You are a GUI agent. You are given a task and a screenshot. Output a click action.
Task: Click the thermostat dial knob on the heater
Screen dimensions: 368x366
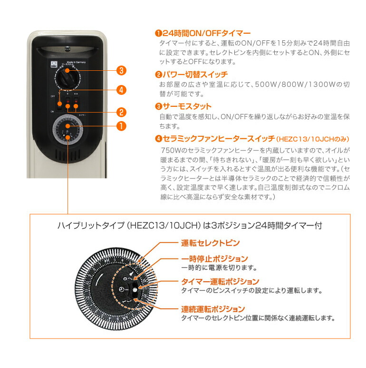(x=67, y=76)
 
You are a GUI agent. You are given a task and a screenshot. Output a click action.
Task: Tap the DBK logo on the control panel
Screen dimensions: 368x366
(x=53, y=63)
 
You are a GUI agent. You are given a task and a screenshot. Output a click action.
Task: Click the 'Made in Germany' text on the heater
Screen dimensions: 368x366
(x=76, y=62)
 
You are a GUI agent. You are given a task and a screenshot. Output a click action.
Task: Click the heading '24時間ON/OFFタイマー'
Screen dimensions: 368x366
(x=206, y=33)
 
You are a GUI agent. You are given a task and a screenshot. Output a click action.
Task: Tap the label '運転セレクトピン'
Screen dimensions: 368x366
(x=210, y=243)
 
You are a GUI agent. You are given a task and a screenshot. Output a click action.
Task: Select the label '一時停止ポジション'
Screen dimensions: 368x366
(x=214, y=259)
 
